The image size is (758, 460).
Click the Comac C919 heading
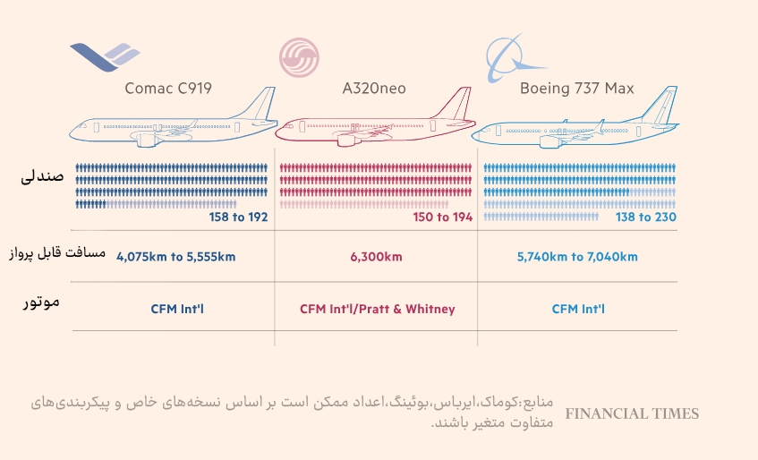pos(168,88)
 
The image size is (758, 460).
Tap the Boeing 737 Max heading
pos(576,88)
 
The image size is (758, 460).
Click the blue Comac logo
pos(105,56)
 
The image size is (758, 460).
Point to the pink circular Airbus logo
pos(304,58)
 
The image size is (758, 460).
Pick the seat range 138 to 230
pos(645,217)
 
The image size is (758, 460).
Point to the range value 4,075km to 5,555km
pos(175,257)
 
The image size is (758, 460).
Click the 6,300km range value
pos(376,257)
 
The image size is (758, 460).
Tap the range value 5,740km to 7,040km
pos(577,257)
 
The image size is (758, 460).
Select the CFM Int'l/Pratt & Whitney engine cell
pos(377,310)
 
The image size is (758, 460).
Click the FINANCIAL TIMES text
pos(632,413)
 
